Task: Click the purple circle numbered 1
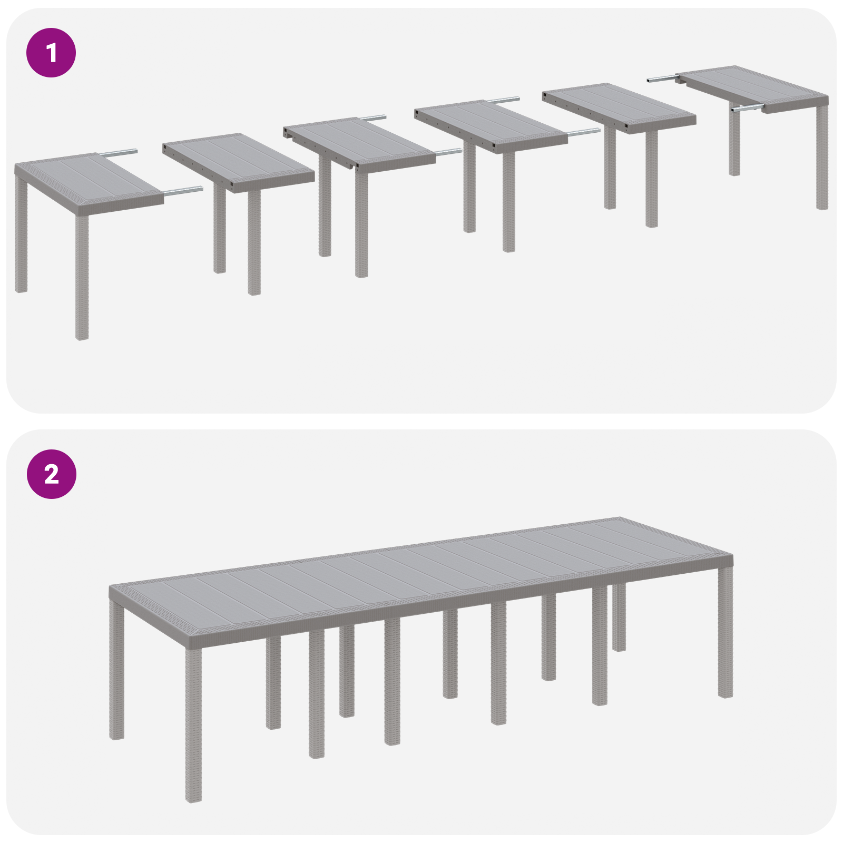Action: (x=51, y=53)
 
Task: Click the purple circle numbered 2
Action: (x=51, y=474)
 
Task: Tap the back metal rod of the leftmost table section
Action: (x=119, y=153)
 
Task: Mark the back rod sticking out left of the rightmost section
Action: (x=662, y=79)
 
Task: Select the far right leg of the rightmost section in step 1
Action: (x=822, y=158)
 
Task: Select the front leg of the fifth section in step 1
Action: (x=651, y=179)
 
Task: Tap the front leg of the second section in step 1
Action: (x=254, y=242)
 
